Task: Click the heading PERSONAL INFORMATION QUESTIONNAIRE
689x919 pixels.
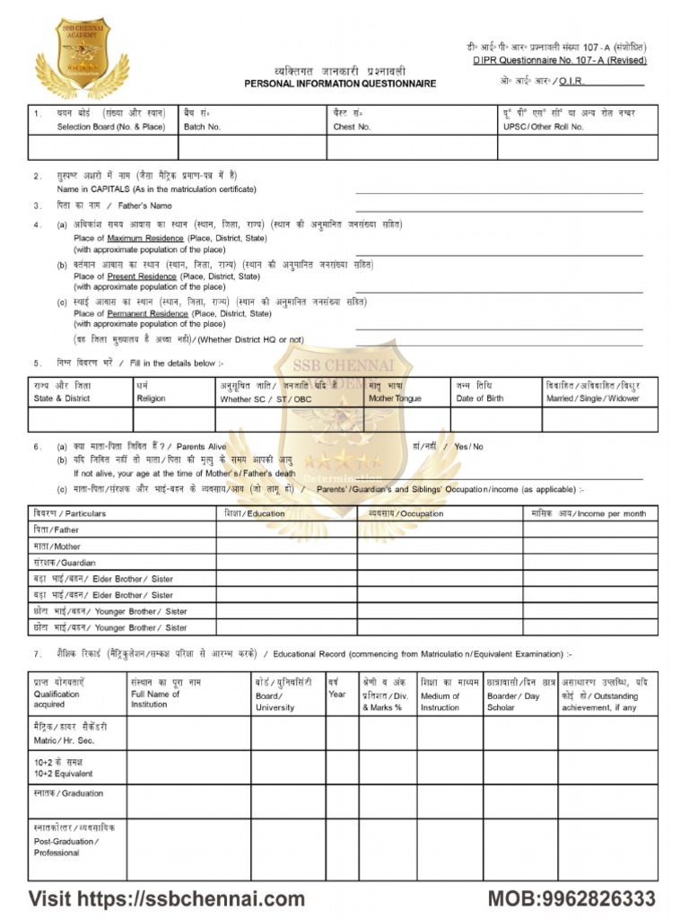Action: coord(340,83)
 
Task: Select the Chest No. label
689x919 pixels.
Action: coord(352,127)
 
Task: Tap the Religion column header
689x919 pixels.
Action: coord(151,398)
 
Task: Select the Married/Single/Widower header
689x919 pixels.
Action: coord(592,398)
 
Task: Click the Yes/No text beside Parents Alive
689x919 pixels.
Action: coord(468,446)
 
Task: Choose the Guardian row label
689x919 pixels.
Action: coord(65,563)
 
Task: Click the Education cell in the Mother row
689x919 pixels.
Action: coord(286,546)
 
